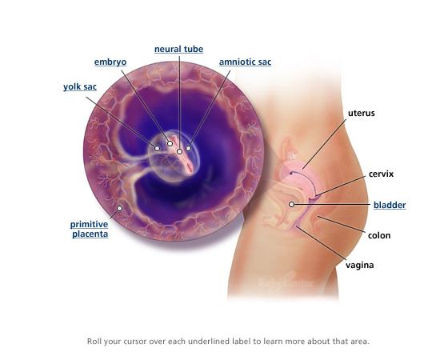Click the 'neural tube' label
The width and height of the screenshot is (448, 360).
pos(179,49)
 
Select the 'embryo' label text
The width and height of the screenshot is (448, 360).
pos(110,62)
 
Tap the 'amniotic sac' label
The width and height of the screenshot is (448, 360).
pos(245,62)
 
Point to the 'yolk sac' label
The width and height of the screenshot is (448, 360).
pos(80,87)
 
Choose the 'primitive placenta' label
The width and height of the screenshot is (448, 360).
pos(90,229)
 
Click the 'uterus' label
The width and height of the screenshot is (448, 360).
pos(362,113)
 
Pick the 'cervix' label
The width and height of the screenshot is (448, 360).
pos(381,174)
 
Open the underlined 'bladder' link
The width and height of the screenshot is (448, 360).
pos(390,205)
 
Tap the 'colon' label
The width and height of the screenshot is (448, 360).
pos(379,235)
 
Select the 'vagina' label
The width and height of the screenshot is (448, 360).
pos(360,265)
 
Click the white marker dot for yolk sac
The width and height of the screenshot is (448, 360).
pos(157,148)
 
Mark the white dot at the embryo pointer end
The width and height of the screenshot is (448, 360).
pos(170,143)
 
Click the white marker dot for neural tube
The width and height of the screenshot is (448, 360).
pos(179,151)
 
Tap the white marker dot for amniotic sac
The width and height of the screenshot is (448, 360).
pos(188,148)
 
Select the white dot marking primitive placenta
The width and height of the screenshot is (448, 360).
pos(120,208)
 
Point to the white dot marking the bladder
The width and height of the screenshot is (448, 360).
pos(291,204)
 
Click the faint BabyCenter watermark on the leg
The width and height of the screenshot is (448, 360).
pos(286,283)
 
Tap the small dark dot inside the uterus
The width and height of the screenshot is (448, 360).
pos(291,173)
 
